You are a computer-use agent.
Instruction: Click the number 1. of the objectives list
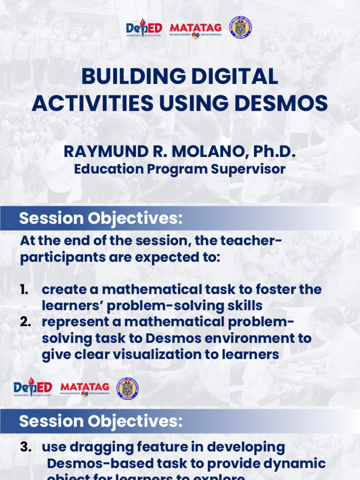click(25, 290)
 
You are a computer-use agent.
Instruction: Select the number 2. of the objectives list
click(26, 322)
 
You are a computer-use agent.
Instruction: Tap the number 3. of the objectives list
click(26, 447)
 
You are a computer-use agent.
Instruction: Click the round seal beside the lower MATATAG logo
click(127, 389)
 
